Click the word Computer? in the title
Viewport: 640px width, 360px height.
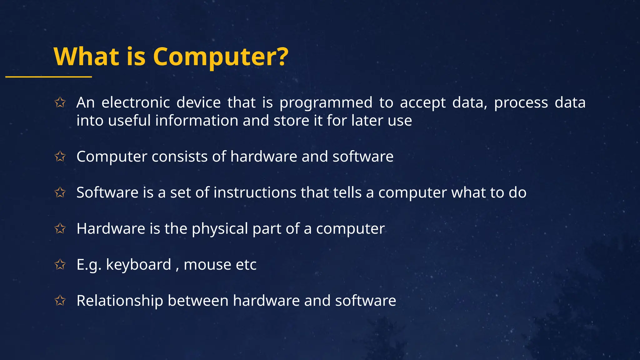220,57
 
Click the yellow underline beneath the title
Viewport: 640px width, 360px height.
48,77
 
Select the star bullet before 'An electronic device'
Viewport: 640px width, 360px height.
60,102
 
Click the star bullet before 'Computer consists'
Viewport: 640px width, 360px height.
60,156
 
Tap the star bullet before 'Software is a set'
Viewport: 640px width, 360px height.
60,192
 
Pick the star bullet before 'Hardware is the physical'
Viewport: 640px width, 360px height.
60,228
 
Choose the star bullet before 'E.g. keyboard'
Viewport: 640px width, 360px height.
60,265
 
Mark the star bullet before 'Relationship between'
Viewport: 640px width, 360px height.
60,301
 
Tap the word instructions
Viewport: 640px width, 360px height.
255,192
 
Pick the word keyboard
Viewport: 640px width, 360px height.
138,265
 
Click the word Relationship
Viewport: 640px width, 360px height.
120,301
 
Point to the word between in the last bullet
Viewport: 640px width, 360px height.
198,301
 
